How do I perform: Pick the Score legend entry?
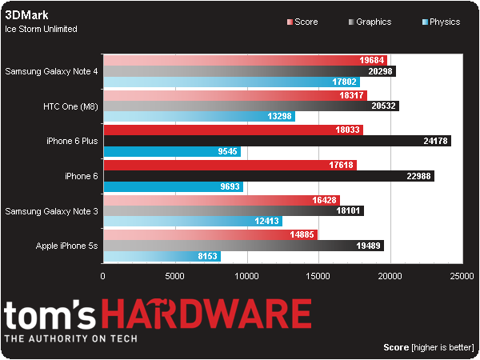click(304, 22)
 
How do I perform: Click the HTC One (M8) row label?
click(71, 106)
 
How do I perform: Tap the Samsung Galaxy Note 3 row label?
click(51, 211)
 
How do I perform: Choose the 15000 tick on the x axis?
click(319, 276)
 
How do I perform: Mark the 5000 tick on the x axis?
click(175, 276)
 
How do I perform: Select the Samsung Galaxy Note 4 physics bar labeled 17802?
click(232, 82)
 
